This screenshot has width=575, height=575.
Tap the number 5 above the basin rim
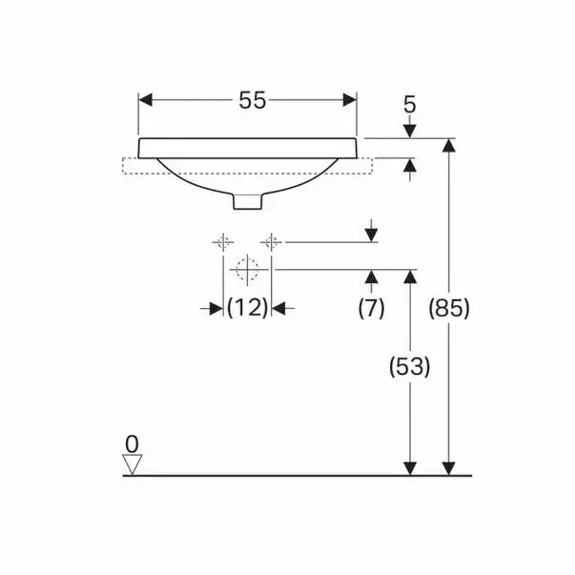[x=410, y=103]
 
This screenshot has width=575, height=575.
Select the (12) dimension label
[x=246, y=308]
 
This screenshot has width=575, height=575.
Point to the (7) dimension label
[x=371, y=308]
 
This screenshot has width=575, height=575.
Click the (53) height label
[x=410, y=365]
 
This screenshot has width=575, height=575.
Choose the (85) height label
[x=449, y=308]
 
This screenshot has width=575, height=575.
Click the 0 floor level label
[x=132, y=442]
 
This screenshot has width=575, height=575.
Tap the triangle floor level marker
[x=133, y=463]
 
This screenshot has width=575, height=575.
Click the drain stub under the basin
[x=247, y=202]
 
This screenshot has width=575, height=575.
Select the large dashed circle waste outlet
[x=247, y=269]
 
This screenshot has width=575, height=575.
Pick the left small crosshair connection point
[x=222, y=241]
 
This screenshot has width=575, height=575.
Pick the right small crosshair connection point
[x=272, y=241]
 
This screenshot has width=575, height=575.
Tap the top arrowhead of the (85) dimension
[x=449, y=146]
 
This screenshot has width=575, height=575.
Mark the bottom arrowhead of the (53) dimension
[x=410, y=466]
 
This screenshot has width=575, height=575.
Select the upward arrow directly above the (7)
[x=371, y=277]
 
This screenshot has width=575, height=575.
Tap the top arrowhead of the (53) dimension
[x=410, y=277]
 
